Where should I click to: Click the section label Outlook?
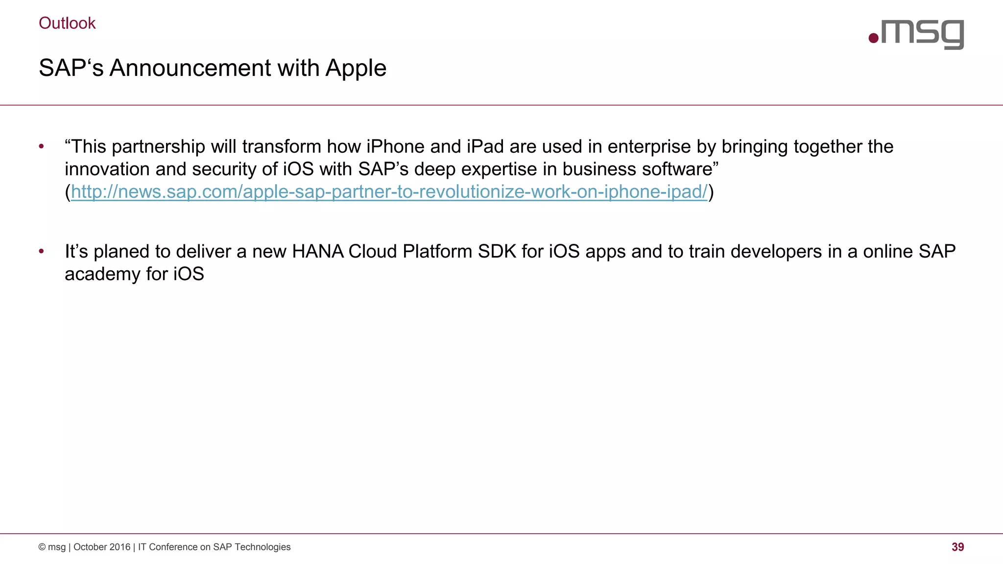pyautogui.click(x=67, y=23)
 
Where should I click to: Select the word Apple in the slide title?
pyautogui.click(x=356, y=69)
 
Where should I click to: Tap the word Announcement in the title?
pyautogui.click(x=190, y=68)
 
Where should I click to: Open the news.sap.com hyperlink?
pyautogui.click(x=389, y=192)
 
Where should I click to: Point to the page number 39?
pyautogui.click(x=957, y=547)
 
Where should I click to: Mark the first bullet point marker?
pyautogui.click(x=42, y=146)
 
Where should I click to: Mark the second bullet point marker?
pyautogui.click(x=42, y=252)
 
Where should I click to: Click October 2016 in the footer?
pyautogui.click(x=102, y=547)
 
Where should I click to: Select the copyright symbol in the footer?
pyautogui.click(x=42, y=547)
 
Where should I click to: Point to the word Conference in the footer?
pyautogui.click(x=173, y=547)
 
